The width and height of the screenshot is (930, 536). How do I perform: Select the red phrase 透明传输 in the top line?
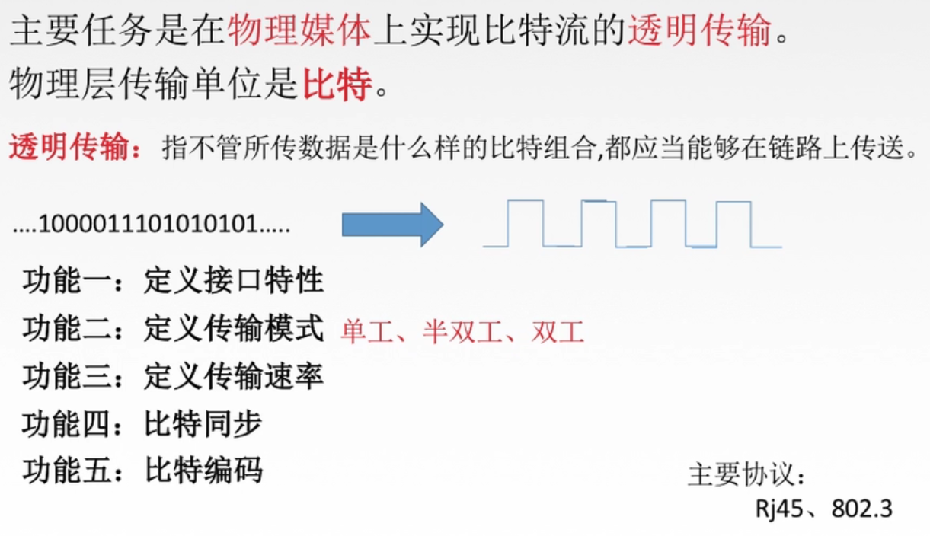click(x=698, y=31)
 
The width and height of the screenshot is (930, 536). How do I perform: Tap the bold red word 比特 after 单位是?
click(x=337, y=85)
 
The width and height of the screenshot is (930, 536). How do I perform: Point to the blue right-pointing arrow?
click(x=392, y=224)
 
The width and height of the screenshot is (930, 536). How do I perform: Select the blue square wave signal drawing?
click(x=631, y=224)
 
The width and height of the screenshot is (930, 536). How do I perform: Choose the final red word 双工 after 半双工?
click(x=558, y=331)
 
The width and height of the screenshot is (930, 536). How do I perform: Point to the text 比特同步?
click(x=203, y=424)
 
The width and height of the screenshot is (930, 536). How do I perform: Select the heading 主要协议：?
click(x=746, y=474)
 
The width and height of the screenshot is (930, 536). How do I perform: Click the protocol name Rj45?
click(x=779, y=509)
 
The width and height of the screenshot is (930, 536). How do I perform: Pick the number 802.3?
click(x=861, y=509)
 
